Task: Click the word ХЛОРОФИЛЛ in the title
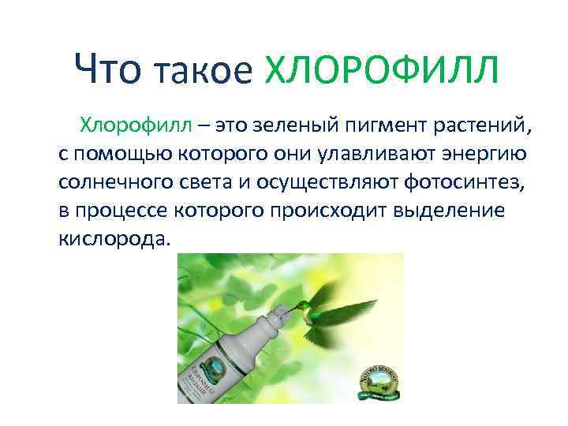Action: pyautogui.click(x=381, y=73)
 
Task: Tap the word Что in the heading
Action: pyautogui.click(x=107, y=73)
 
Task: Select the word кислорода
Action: pyautogui.click(x=113, y=238)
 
